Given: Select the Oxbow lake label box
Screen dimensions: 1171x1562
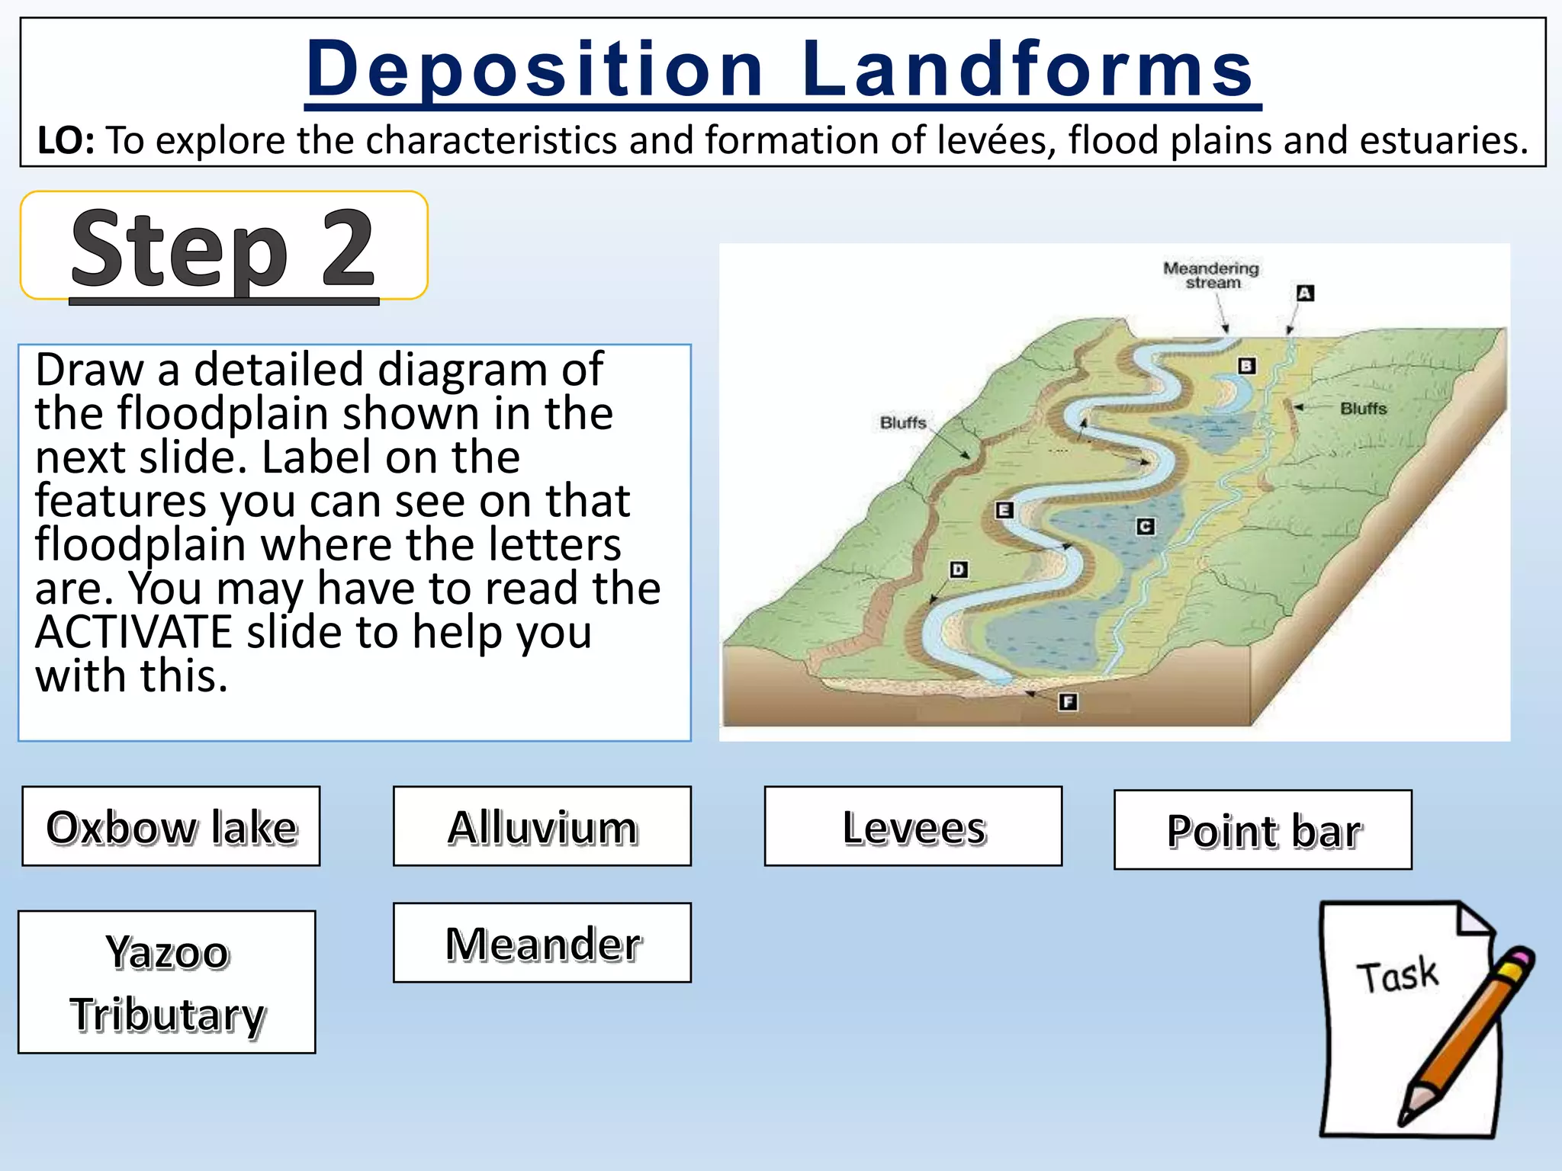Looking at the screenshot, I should pos(171,826).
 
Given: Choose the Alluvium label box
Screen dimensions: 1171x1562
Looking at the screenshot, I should pos(542,826).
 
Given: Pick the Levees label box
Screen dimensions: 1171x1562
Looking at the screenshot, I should pos(913,826).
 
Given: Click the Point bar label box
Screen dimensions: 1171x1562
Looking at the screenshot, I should pos(1263,829).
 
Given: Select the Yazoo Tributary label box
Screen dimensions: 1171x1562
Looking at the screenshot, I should pos(167,982).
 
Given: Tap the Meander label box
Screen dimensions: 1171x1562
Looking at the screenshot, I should pos(542,943).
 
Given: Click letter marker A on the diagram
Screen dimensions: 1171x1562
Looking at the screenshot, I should pos(1305,294).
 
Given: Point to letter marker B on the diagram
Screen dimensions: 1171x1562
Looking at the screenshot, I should pos(1246,366).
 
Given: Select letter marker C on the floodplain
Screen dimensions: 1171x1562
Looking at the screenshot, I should pos(1145,527).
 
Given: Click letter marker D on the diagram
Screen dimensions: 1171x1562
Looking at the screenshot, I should pos(959,569).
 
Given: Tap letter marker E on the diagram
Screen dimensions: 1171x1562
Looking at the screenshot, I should pos(1004,510).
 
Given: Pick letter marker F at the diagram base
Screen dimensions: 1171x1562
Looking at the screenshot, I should pos(1068,702).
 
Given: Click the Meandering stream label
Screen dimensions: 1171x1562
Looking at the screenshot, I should pos(1211,275).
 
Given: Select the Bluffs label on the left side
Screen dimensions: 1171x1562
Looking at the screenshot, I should pos(903,422).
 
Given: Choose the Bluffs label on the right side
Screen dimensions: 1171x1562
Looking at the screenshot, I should pos(1363,409).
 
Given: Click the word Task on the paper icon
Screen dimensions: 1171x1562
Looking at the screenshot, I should pos(1397,976).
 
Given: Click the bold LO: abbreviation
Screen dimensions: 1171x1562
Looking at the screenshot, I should pos(66,141).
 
